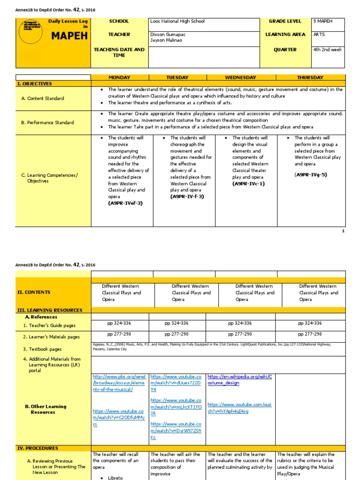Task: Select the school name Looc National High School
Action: coord(177,21)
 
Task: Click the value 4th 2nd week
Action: coord(327,50)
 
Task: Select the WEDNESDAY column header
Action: coord(240,77)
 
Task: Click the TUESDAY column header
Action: coord(177,77)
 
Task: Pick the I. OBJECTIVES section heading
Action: coord(35,83)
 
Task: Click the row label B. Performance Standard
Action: coord(47,122)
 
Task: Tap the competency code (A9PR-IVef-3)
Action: coord(125,203)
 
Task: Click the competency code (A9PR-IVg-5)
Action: coord(311,174)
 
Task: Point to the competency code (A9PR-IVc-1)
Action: coord(248,184)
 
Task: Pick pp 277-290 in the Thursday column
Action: coord(310,334)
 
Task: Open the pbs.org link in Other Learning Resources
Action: coord(119,383)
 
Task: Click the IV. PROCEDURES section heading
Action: coord(37,448)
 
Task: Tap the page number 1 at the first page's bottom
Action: coord(343,231)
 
